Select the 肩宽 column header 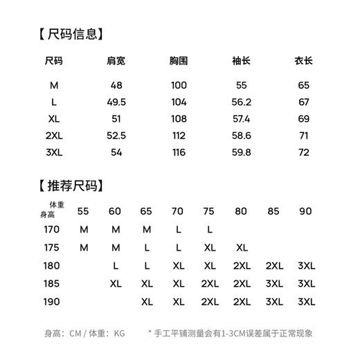116,61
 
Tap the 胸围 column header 179,61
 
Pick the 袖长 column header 241,61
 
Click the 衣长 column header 303,61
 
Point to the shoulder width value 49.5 116,102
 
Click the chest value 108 179,118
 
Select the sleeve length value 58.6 241,135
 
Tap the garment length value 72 303,152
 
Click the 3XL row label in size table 54,152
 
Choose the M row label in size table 54,85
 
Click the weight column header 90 305,211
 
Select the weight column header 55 84,211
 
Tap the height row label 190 52,302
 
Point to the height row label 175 52,247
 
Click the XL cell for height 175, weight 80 242,247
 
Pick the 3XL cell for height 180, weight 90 305,265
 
